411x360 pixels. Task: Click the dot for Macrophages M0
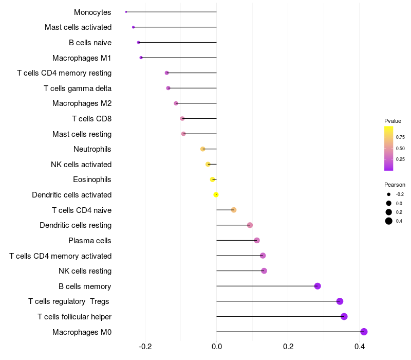[x=364, y=332]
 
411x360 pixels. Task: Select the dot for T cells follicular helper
[x=344, y=316]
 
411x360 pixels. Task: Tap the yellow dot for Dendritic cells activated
[x=216, y=194]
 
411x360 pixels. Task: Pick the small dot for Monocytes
[x=126, y=12]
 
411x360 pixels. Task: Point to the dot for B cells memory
[x=317, y=286]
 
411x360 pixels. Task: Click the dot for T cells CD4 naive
[x=234, y=210]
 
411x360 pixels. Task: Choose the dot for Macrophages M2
[x=176, y=103]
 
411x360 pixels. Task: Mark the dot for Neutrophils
[x=203, y=149]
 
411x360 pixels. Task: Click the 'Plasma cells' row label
[x=90, y=241]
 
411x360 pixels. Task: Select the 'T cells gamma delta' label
[x=78, y=88]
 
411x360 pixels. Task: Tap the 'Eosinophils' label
[x=92, y=179]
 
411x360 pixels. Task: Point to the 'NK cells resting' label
[x=85, y=271]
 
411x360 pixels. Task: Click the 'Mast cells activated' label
[x=78, y=27]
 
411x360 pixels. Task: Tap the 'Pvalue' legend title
[x=393, y=121]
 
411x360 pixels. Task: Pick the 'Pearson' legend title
[x=395, y=185]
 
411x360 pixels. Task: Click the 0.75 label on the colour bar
[x=400, y=137]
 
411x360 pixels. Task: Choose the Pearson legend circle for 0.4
[x=389, y=221]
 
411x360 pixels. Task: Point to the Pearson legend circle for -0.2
[x=389, y=194]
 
